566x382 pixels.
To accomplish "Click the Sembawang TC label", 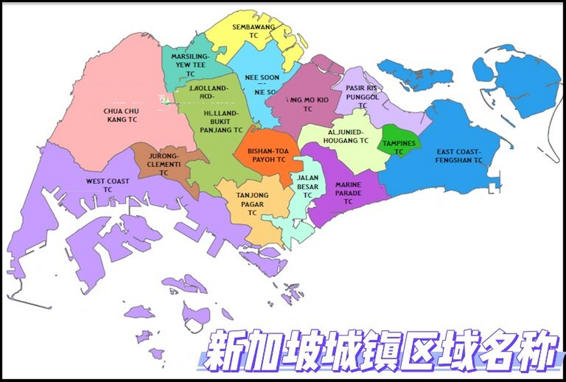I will [x=253, y=31].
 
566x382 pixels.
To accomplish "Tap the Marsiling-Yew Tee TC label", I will [x=190, y=65].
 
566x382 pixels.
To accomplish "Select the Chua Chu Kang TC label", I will [x=121, y=115].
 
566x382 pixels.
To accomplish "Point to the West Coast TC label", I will [x=108, y=185].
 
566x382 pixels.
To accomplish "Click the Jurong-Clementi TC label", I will [x=163, y=164].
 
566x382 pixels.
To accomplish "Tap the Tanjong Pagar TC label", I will [x=252, y=204].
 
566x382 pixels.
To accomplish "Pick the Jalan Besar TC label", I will [x=308, y=187].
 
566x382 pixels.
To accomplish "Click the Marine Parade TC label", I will [x=348, y=193].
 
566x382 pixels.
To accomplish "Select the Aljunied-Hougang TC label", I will [x=346, y=136].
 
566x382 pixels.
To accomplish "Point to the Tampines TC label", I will [x=399, y=147].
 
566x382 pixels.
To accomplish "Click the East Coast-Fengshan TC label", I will [x=459, y=156].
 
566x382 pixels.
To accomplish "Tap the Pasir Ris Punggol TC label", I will [x=362, y=97].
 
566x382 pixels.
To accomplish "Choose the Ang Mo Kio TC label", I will [x=308, y=104].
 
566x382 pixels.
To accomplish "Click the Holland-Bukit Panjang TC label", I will [x=221, y=121].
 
